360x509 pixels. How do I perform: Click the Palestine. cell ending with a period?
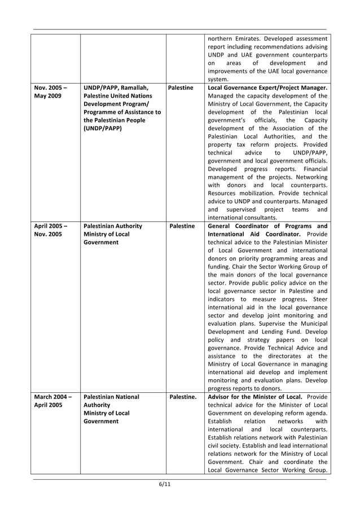coord(182,397)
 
